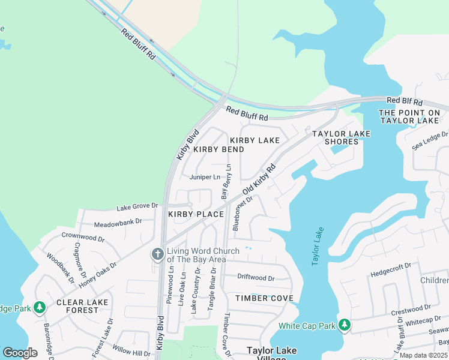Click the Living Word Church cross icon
pyautogui.click(x=158, y=254)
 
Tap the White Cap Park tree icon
pyautogui.click(x=344, y=325)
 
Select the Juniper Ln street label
pyautogui.click(x=205, y=177)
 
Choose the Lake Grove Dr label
pyautogui.click(x=137, y=207)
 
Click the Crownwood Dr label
pyautogui.click(x=83, y=238)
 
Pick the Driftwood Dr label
pyautogui.click(x=256, y=278)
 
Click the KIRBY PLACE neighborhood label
pyautogui.click(x=196, y=214)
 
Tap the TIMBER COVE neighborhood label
pyautogui.click(x=264, y=298)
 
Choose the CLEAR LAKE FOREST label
pyautogui.click(x=77, y=306)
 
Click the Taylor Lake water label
pyautogui.click(x=318, y=246)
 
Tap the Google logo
pyautogui.click(x=20, y=352)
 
